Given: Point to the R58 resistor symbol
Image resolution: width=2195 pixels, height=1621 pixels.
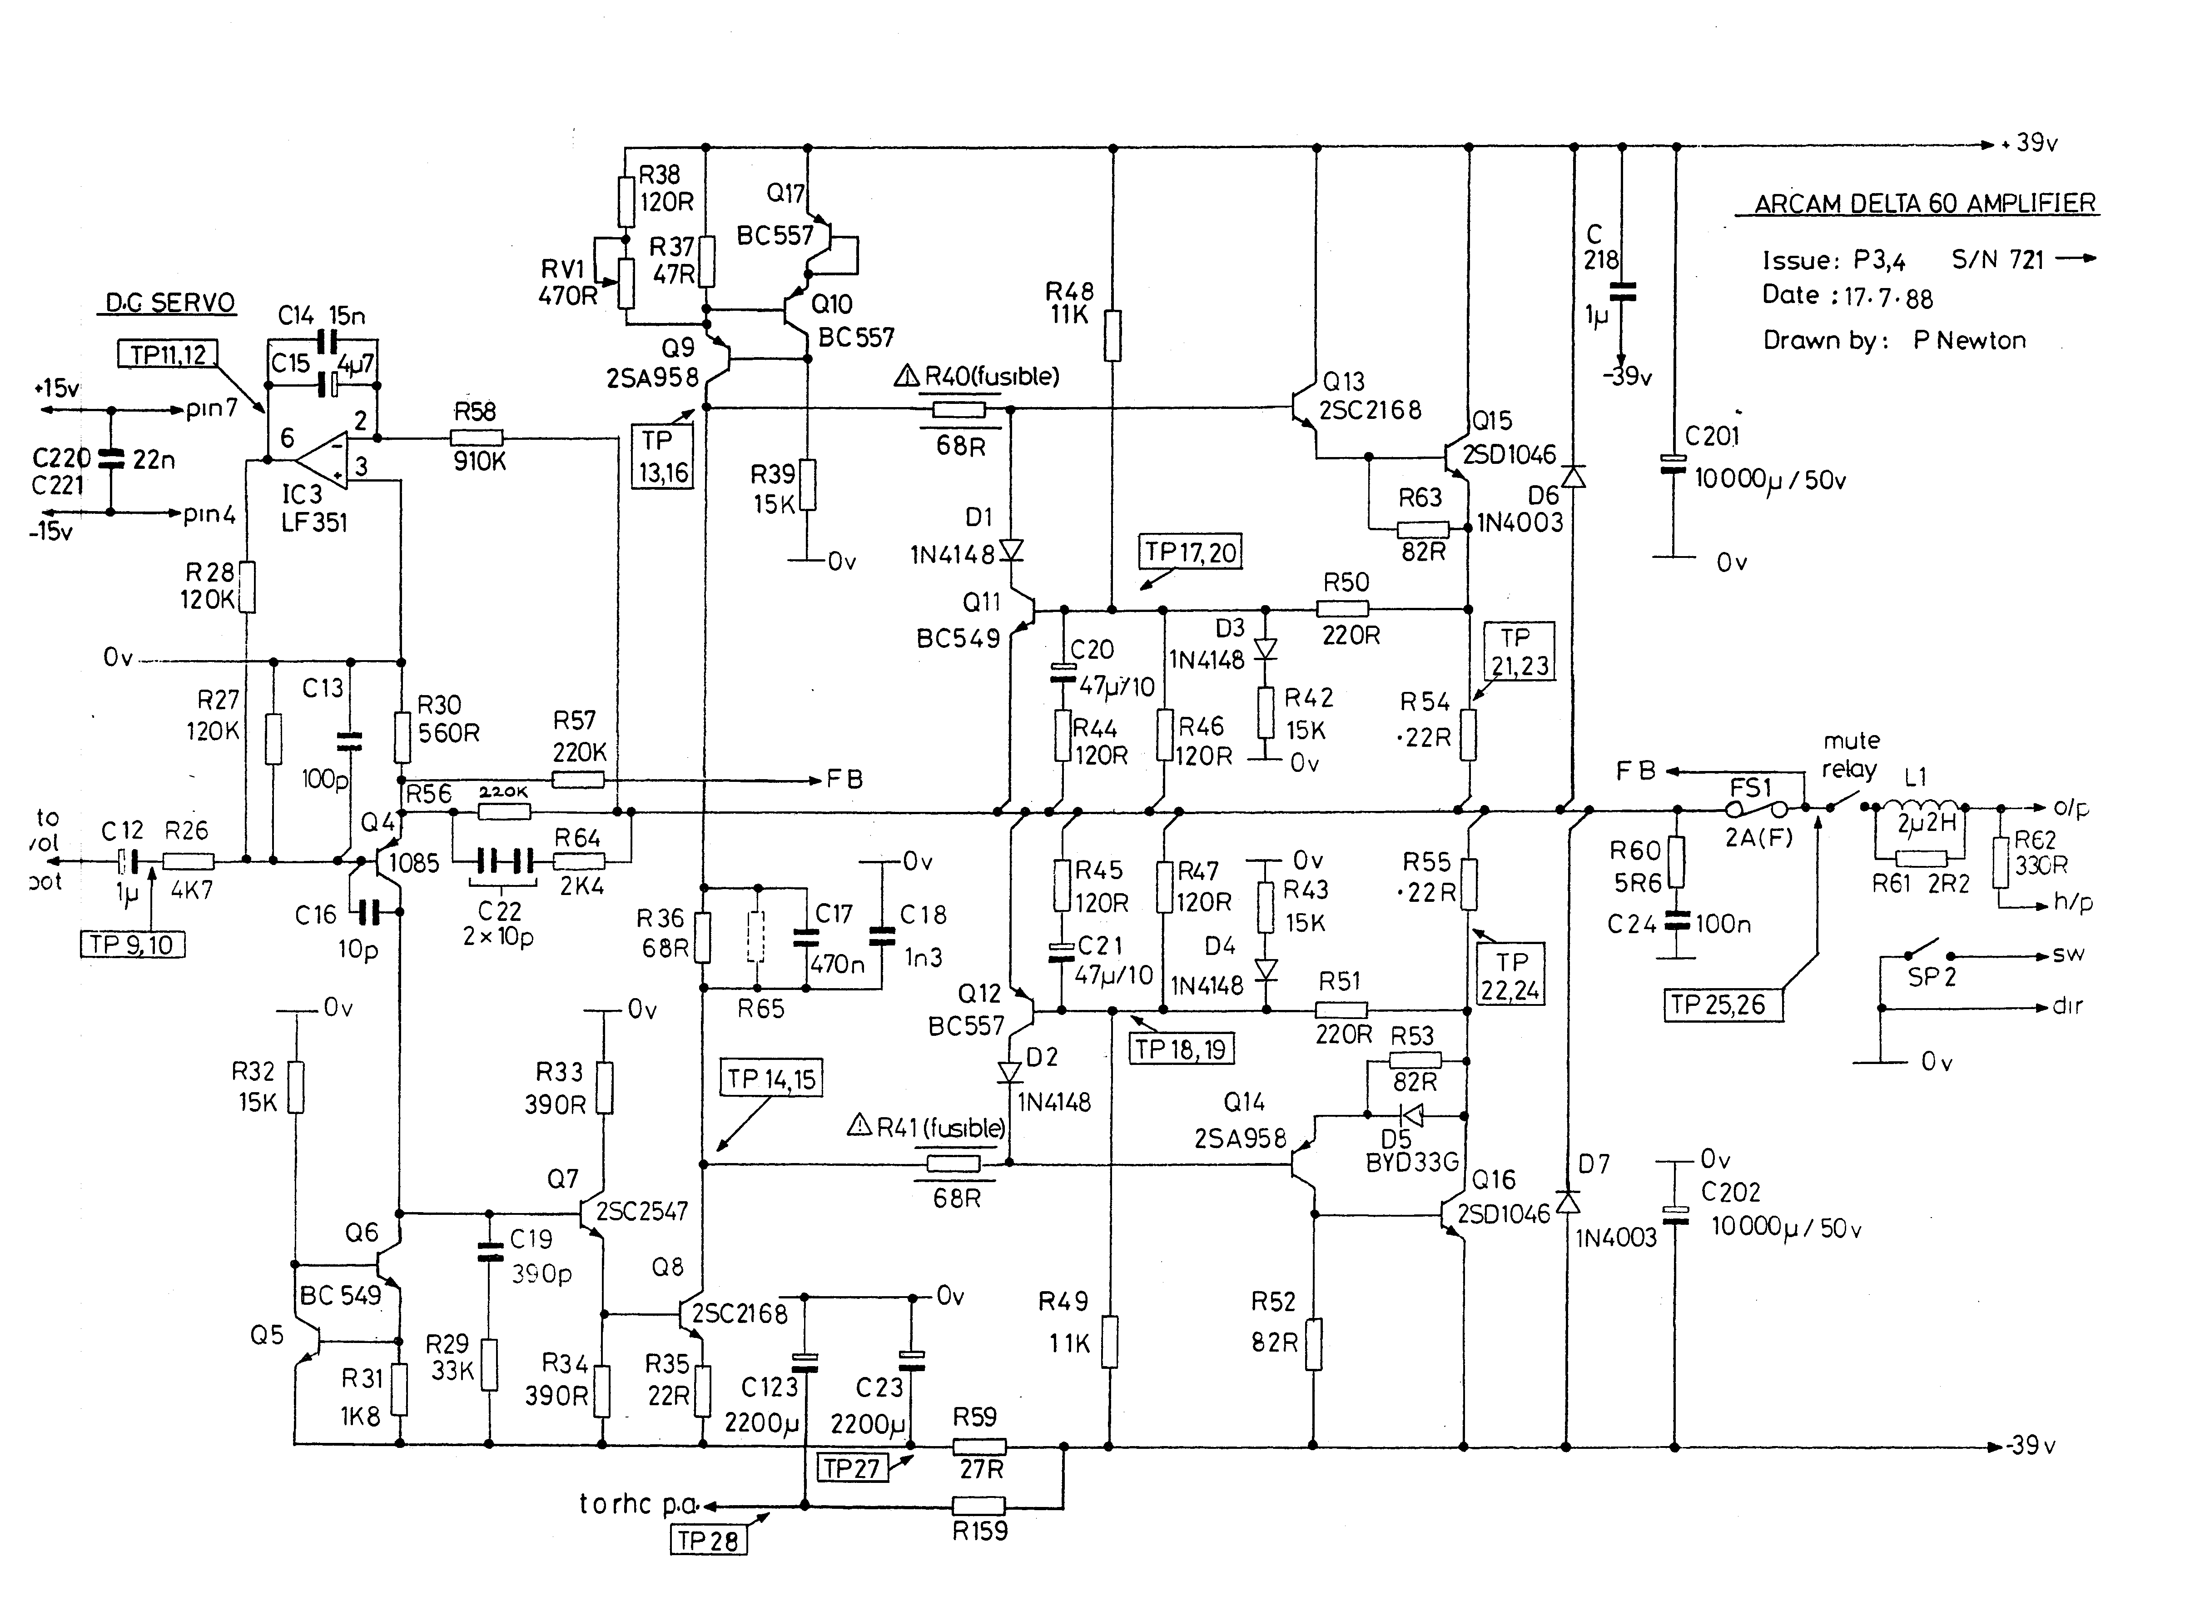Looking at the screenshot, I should pos(477,438).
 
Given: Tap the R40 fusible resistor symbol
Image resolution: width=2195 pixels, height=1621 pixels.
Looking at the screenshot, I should pos(958,409).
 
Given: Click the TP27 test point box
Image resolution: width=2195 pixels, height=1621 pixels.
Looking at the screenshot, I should pos(852,1468).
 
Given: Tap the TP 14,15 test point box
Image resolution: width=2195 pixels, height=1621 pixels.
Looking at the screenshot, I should pos(771,1079).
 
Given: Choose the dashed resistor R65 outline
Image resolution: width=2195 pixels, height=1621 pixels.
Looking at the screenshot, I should pos(755,937).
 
